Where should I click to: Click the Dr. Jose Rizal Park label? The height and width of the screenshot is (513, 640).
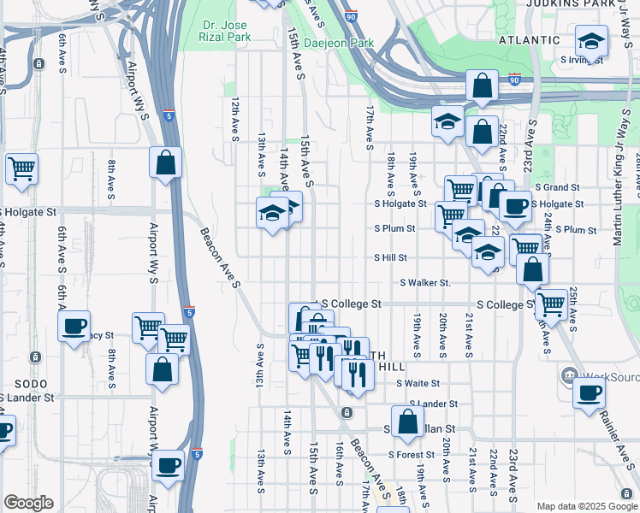pos(228,32)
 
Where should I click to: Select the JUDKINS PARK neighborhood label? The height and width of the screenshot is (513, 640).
pos(597,4)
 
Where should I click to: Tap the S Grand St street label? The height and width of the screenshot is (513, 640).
pos(557,187)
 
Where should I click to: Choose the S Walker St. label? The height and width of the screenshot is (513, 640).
pos(425,283)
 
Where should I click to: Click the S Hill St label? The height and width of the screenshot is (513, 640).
pos(389,257)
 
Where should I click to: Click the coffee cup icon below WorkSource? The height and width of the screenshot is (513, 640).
pos(588,393)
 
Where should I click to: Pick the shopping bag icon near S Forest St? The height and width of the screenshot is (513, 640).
pos(408,420)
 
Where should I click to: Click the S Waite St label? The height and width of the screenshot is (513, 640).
pos(418,384)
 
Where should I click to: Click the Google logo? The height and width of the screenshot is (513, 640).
pos(28,503)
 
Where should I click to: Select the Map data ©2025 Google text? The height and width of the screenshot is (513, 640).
pos(586,506)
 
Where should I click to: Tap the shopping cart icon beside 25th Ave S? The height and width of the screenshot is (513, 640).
pos(550,303)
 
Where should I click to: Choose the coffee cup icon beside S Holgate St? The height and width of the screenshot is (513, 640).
pos(514,206)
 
